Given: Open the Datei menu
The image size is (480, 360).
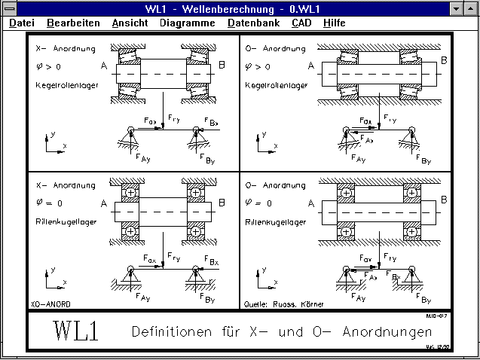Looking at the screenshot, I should pyautogui.click(x=21, y=23).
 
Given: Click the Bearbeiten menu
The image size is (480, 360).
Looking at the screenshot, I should pyautogui.click(x=73, y=23).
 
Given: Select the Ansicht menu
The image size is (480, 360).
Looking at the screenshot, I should pyautogui.click(x=130, y=23).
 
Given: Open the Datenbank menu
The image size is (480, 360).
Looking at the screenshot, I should pyautogui.click(x=253, y=23).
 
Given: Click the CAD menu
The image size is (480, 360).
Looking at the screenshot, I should pyautogui.click(x=301, y=23).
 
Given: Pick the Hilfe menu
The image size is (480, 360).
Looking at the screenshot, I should pyautogui.click(x=334, y=23).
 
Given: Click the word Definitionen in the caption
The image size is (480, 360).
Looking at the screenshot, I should pyautogui.click(x=173, y=332).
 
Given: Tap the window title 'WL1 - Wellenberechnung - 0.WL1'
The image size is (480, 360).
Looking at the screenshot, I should pyautogui.click(x=240, y=8).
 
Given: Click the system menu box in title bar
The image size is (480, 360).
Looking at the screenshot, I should pyautogui.click(x=8, y=8).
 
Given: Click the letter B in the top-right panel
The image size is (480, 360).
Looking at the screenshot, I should pyautogui.click(x=444, y=60).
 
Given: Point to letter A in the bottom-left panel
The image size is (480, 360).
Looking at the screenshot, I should pyautogui.click(x=101, y=203).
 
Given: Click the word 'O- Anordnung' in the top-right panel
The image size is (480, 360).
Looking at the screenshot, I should pyautogui.click(x=276, y=50).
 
